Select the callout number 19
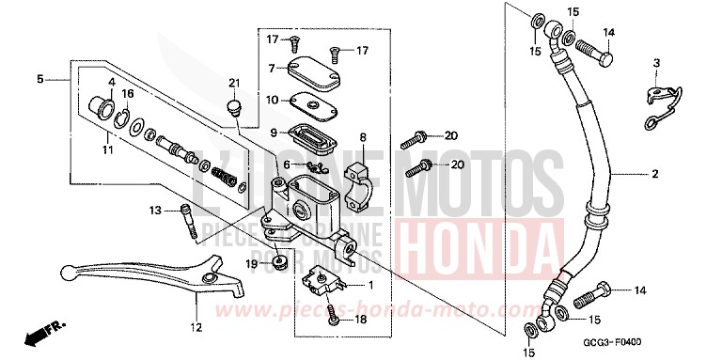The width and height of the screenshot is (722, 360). click(252, 264)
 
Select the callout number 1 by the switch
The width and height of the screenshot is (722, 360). click(371, 285)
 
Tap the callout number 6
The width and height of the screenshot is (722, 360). click(260, 164)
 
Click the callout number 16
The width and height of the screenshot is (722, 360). click(128, 94)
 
